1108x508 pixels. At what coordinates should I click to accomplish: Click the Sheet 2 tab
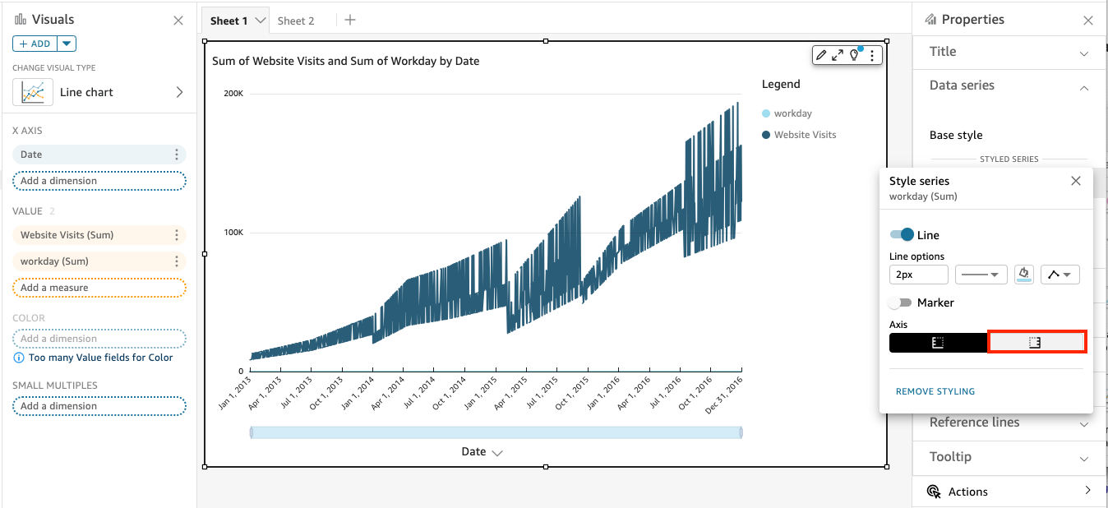(x=296, y=21)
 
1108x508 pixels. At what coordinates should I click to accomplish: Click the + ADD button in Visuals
(x=35, y=44)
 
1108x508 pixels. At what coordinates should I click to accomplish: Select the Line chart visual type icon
(x=33, y=92)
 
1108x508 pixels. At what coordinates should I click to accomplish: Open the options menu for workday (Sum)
(x=176, y=261)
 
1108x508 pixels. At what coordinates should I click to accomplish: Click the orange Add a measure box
(x=99, y=288)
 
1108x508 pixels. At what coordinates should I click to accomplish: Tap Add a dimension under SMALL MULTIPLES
(x=99, y=406)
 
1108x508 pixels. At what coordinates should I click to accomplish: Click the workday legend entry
(x=792, y=113)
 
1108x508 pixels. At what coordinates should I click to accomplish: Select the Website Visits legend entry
(x=805, y=135)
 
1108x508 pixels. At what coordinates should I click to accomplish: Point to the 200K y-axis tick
(x=233, y=94)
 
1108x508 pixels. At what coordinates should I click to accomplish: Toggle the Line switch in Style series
(x=902, y=235)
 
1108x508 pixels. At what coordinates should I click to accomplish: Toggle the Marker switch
(x=901, y=302)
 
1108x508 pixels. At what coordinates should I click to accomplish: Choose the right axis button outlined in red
(x=1036, y=343)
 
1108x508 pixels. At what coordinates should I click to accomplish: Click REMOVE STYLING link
(x=935, y=391)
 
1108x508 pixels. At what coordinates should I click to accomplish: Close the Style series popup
(x=1075, y=181)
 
